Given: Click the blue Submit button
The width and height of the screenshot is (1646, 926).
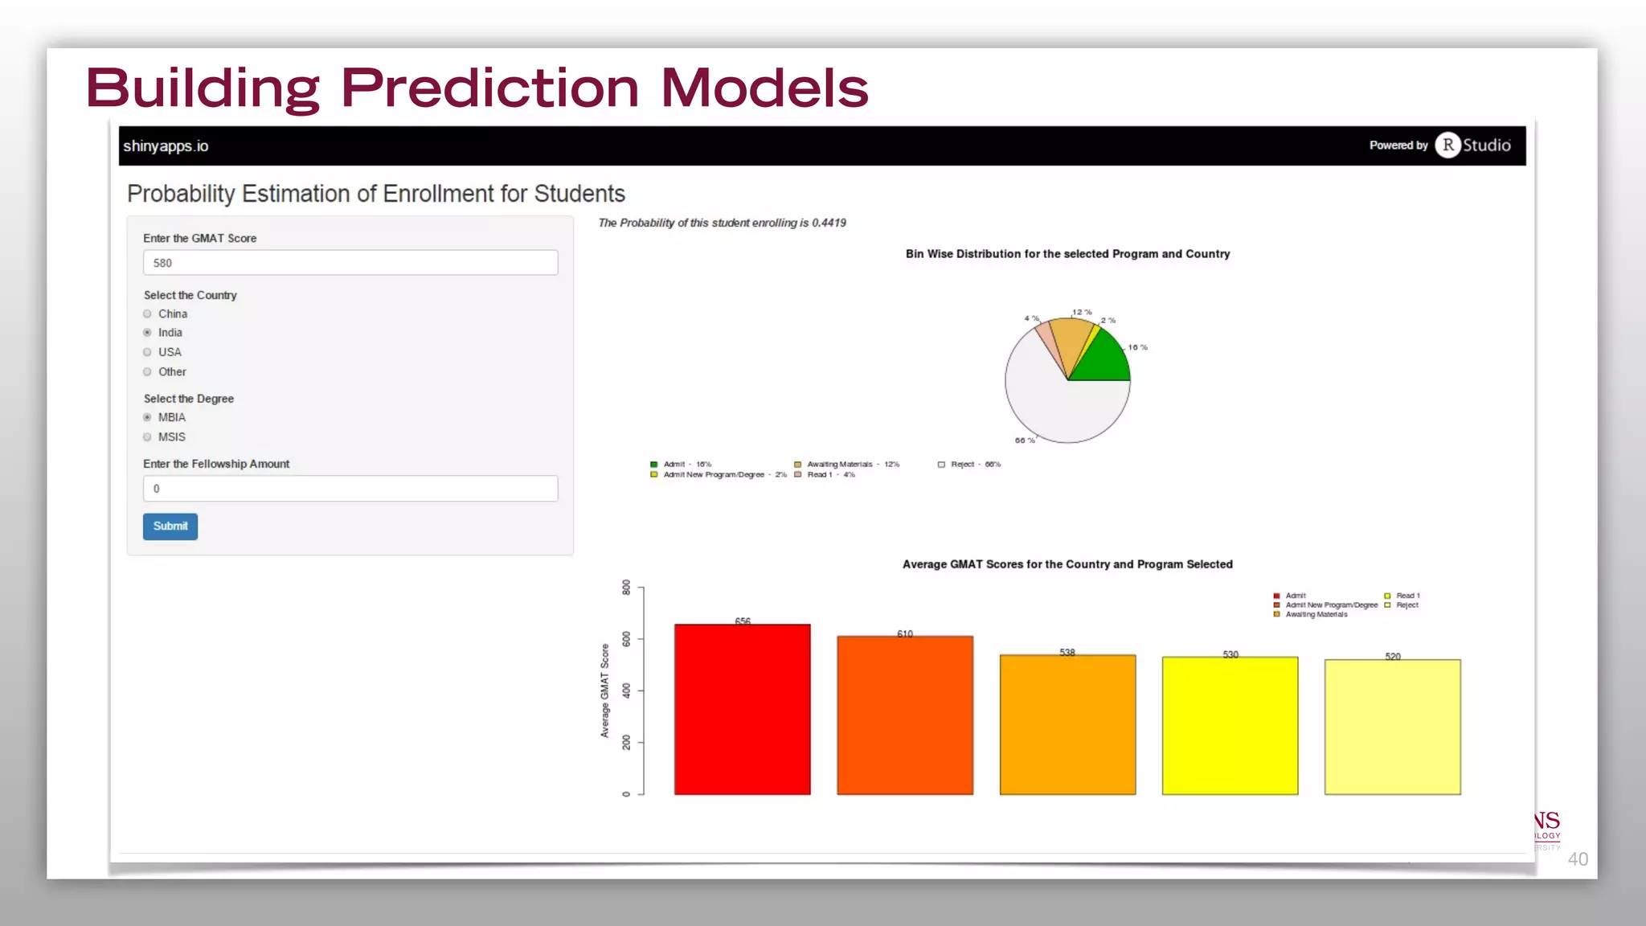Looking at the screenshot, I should click(x=170, y=527).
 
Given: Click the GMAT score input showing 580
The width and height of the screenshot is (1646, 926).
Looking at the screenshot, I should click(x=350, y=263).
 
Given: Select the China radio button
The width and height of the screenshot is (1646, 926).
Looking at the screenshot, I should click(x=147, y=314).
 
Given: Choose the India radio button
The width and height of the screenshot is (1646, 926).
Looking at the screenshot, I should click(x=147, y=333).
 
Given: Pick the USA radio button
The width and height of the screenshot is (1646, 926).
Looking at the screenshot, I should click(x=147, y=352).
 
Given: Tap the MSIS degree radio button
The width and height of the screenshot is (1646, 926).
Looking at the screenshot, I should click(x=147, y=437).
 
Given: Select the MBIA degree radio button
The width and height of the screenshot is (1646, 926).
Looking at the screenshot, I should click(x=147, y=417).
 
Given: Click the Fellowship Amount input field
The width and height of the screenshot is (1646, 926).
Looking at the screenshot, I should click(x=350, y=489).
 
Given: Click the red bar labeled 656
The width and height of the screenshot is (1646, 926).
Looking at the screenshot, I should click(x=743, y=710).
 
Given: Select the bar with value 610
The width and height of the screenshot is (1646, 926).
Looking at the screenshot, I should click(x=905, y=715).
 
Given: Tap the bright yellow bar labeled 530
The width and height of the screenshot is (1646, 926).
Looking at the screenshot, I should click(x=1230, y=726).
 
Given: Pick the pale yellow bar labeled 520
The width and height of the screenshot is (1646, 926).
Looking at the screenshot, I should click(x=1393, y=727).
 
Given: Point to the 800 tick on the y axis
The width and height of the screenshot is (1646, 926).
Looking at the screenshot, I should click(x=627, y=588).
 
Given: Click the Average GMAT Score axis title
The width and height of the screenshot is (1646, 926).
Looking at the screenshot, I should click(x=605, y=690).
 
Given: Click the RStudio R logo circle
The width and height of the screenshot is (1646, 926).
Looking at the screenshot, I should click(x=1448, y=145).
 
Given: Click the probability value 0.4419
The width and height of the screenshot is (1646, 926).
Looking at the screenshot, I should click(x=829, y=223).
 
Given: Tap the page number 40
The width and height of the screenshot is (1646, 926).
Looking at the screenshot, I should click(x=1578, y=859).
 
